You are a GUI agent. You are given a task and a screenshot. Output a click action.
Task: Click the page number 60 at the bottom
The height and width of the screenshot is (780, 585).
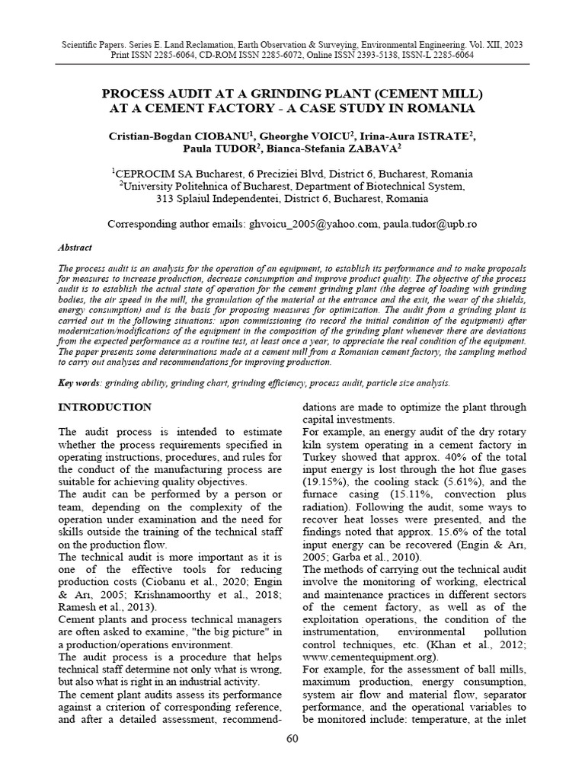point(292,740)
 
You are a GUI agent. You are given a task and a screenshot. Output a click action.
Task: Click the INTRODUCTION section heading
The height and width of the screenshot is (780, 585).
point(105,407)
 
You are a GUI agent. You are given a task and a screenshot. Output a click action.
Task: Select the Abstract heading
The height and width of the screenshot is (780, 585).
point(75,248)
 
